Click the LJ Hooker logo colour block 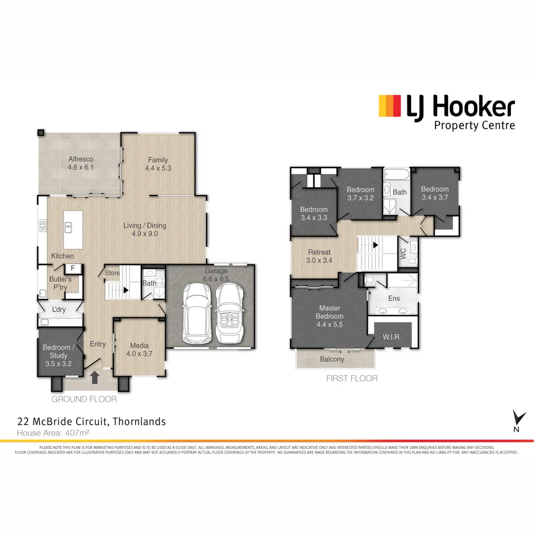tap(390, 106)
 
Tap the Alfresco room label tap(81, 164)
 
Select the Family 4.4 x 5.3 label tap(158, 164)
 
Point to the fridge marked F tap(73, 268)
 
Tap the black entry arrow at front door tap(95, 378)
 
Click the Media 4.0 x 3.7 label tap(139, 350)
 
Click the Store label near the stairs tap(112, 273)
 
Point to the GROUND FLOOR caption tap(84, 399)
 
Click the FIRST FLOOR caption tap(352, 378)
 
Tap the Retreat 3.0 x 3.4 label tap(319, 256)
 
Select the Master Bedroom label tap(329, 316)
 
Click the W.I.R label tap(391, 338)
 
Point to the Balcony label tap(332, 359)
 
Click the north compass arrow tap(518, 418)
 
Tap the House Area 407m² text tap(53, 433)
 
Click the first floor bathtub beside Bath tap(396, 175)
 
